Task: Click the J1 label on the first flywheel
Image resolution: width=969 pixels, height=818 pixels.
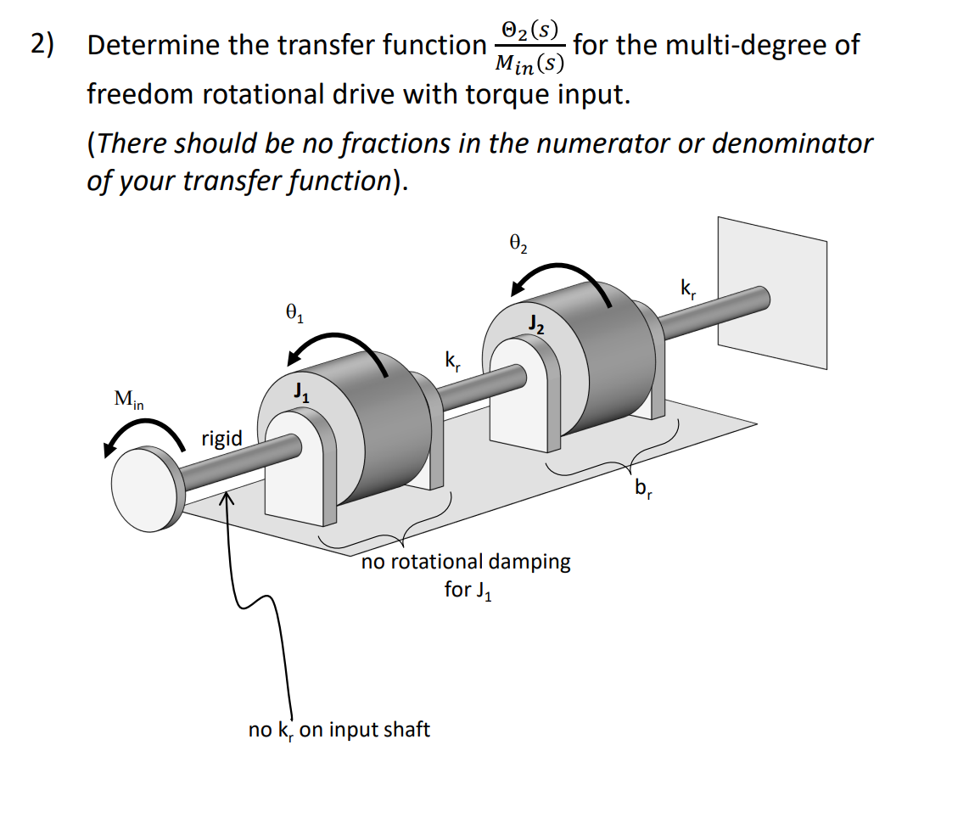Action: (299, 392)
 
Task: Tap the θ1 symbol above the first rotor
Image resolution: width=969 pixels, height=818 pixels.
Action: (294, 314)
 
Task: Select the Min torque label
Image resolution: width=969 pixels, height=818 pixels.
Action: (128, 398)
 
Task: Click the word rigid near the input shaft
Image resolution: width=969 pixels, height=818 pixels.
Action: (221, 439)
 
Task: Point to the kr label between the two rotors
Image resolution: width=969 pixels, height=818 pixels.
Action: (453, 360)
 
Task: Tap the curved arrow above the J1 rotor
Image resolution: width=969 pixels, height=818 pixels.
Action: (335, 345)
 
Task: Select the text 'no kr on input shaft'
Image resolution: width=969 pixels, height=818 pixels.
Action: (339, 730)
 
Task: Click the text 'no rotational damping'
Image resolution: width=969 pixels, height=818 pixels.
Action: (465, 562)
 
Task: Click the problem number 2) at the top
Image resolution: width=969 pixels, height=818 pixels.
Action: (42, 44)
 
